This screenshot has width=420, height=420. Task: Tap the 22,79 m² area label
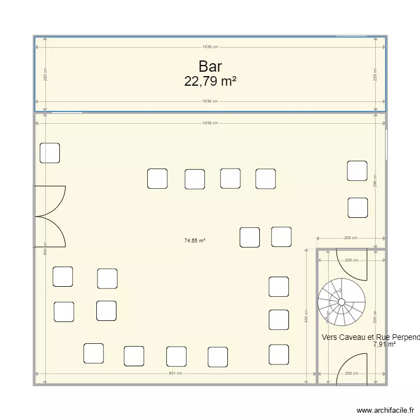tap(210, 81)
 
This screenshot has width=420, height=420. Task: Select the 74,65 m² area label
tap(195, 241)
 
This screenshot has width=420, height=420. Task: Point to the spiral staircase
tap(342, 302)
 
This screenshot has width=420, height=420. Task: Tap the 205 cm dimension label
tap(351, 238)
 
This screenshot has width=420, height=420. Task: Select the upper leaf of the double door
tap(50, 199)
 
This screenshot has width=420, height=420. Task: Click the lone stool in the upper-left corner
tap(50, 153)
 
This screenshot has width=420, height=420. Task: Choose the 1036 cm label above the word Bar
tap(210, 48)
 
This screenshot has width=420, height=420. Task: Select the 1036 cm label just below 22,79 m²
tap(210, 101)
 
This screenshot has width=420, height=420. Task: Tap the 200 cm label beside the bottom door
tap(351, 374)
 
